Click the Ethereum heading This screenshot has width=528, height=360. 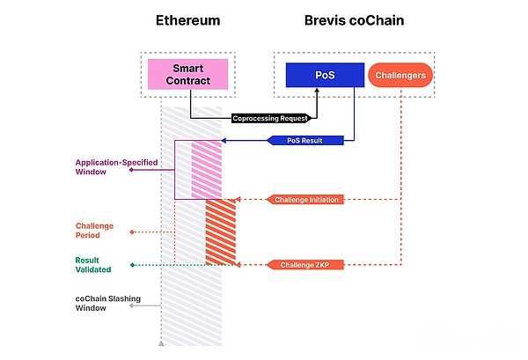[187, 19]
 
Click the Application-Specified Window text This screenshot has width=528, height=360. [102, 167]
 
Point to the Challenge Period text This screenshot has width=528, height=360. [94, 231]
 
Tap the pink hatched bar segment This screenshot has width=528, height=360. [207, 169]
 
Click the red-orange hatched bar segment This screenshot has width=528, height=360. [221, 231]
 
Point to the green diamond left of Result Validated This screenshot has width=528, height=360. [132, 264]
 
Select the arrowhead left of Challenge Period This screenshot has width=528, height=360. [132, 232]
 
